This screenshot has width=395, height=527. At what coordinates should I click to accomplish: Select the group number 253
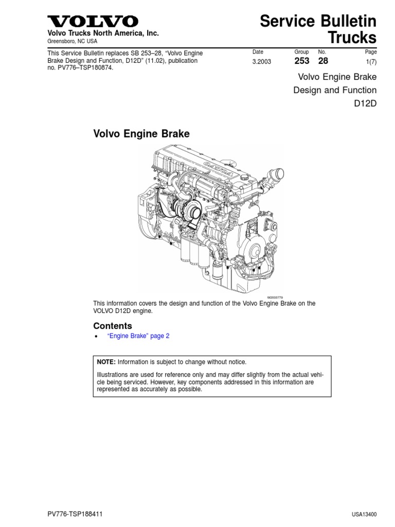pyautogui.click(x=301, y=61)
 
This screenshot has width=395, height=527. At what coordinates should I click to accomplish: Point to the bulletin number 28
pyautogui.click(x=323, y=61)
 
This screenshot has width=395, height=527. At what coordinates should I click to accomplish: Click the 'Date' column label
pyautogui.click(x=258, y=52)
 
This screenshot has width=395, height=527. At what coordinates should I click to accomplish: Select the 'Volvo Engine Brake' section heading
pyautogui.click(x=141, y=134)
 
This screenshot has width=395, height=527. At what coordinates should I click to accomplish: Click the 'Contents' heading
pyautogui.click(x=112, y=326)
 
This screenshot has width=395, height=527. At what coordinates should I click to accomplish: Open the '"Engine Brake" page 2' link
pyautogui.click(x=138, y=336)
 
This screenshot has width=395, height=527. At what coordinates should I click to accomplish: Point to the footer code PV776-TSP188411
pyautogui.click(x=75, y=514)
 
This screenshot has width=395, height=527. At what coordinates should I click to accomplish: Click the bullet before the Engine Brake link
pyautogui.click(x=96, y=337)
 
